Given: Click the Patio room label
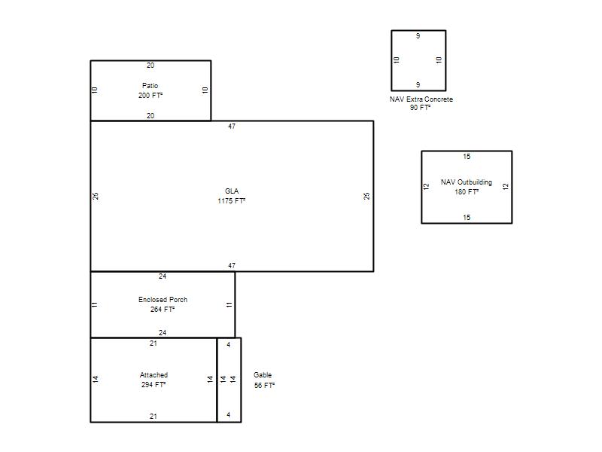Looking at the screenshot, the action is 150,86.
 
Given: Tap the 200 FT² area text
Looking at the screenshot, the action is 150,96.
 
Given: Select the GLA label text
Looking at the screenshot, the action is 232,191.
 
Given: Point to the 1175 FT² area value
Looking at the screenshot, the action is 232,200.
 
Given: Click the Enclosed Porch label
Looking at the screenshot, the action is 163,299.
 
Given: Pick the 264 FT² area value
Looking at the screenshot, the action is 163,310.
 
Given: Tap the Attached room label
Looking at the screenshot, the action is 154,374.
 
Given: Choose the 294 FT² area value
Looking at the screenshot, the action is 154,385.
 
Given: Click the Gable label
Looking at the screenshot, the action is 263,374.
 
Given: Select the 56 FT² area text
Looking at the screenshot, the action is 265,385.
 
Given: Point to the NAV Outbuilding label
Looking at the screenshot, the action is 467,182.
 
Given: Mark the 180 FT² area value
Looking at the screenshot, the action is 467,192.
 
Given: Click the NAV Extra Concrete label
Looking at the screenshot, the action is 421,99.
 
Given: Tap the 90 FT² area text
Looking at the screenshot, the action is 420,108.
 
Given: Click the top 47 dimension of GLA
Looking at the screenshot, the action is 232,127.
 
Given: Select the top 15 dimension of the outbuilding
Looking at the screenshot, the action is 467,157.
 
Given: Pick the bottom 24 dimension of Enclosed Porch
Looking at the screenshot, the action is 163,333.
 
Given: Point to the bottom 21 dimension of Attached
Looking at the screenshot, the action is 154,417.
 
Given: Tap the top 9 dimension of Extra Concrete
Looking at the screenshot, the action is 418,36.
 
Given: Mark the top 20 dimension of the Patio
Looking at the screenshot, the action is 150,66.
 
